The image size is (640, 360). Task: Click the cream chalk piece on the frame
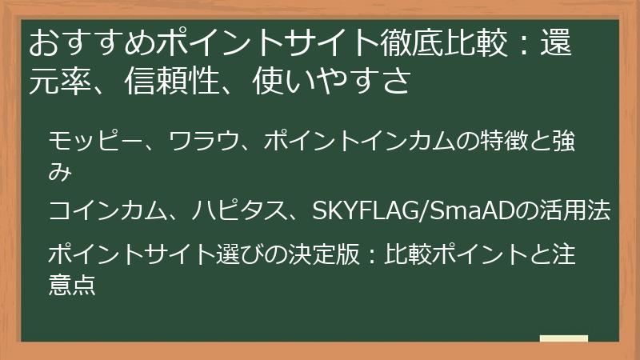pos(564,338)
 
